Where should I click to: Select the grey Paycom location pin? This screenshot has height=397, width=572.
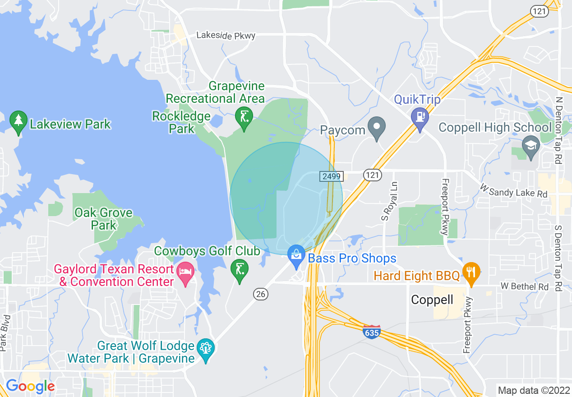376,127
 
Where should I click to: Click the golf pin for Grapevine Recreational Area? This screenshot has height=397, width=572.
244,118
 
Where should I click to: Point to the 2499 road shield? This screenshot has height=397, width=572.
332,176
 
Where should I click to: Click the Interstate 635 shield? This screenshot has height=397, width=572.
372,332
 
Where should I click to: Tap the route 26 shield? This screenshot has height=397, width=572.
261,294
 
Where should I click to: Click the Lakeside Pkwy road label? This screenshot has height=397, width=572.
226,36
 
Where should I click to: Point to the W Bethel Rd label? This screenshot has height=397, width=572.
524,286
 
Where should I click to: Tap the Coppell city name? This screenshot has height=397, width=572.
432,300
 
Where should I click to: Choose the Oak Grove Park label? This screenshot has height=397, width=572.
104,219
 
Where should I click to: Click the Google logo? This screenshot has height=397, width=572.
30,386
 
